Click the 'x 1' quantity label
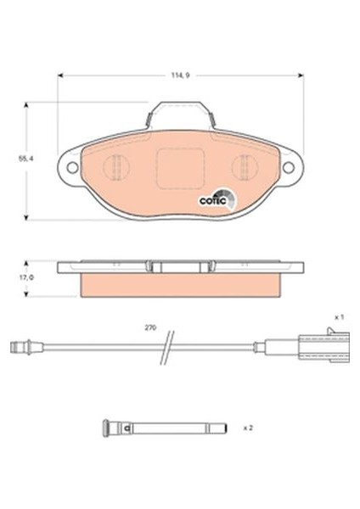337,316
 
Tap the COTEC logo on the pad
211,200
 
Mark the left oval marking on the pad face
116,167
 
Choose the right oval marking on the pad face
242,167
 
